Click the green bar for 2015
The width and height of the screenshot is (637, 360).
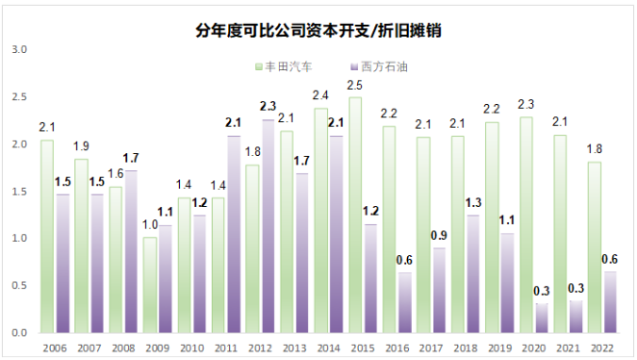click(355, 215)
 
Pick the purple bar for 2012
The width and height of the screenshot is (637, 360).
click(268, 226)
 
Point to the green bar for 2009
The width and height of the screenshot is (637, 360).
click(149, 285)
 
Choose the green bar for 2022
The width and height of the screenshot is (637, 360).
click(593, 247)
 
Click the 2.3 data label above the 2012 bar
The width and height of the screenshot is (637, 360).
click(268, 108)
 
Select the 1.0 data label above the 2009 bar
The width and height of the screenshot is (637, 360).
click(149, 226)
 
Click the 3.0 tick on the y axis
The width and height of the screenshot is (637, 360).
click(21, 49)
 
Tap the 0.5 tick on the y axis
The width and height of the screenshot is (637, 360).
click(21, 285)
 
